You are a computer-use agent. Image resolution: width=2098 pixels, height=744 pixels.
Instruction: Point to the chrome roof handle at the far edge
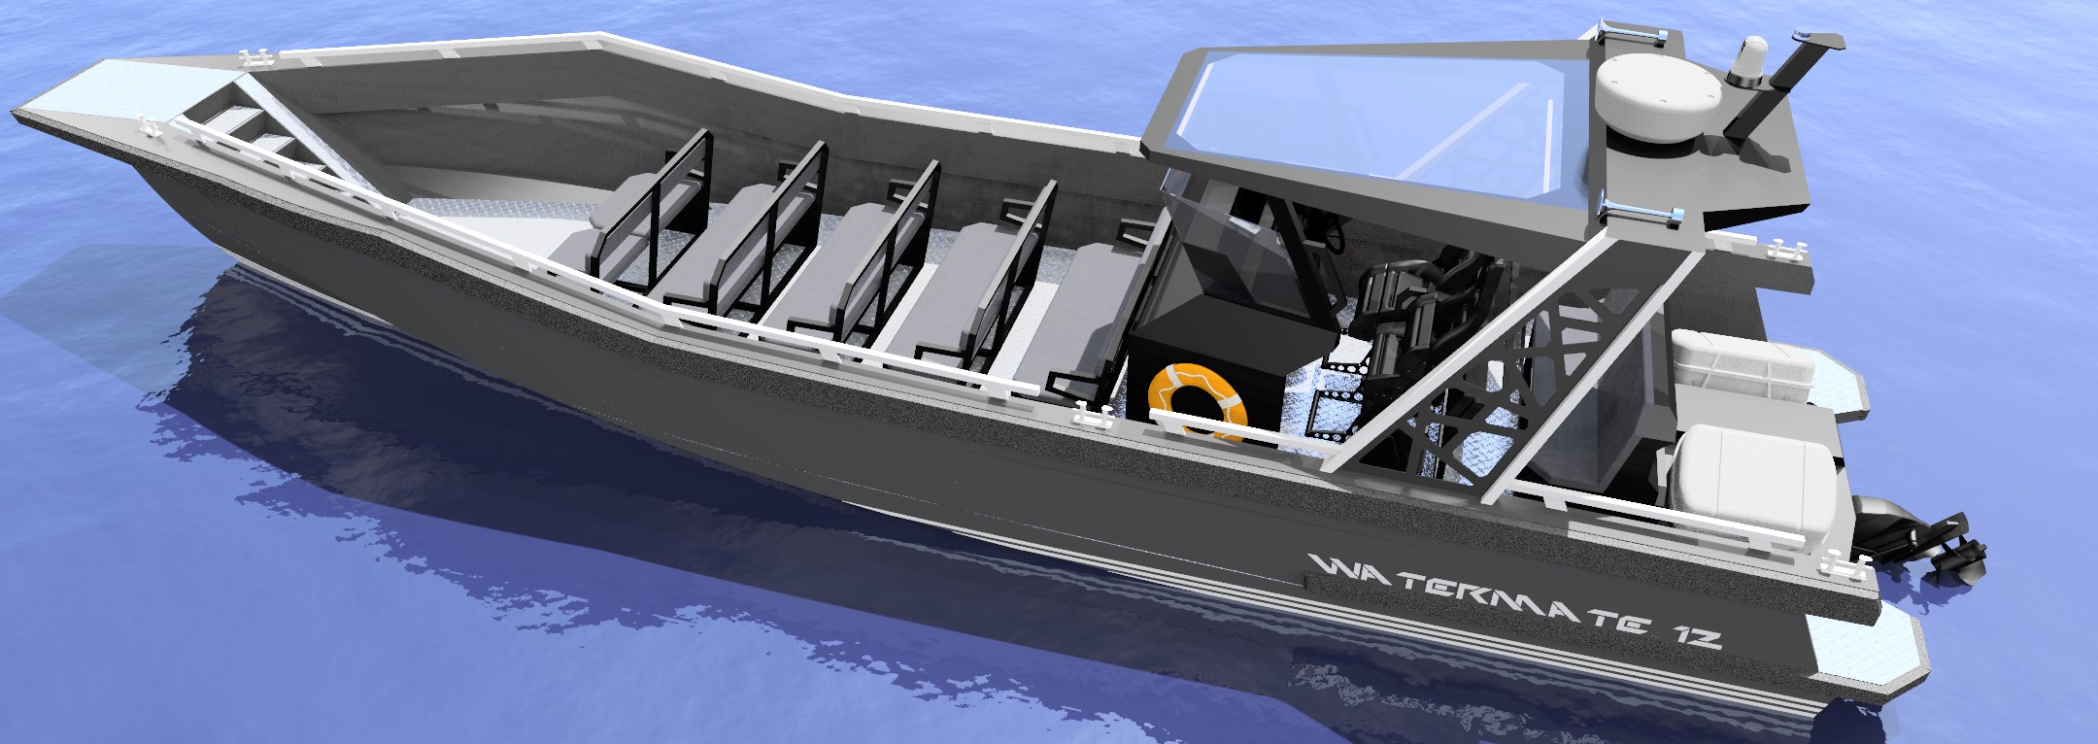pos(1633,35)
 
